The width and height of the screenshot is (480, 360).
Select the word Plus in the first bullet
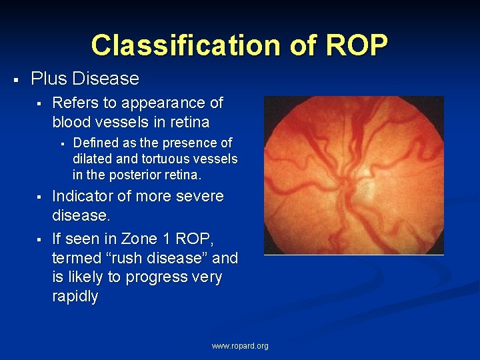tap(49, 79)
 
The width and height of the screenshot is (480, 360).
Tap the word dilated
tap(91, 159)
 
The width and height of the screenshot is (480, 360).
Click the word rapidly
tap(75, 296)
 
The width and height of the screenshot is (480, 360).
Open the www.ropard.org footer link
tap(240, 346)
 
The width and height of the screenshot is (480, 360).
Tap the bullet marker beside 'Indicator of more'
tap(39, 197)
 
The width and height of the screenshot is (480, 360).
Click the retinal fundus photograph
tap(353, 175)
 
